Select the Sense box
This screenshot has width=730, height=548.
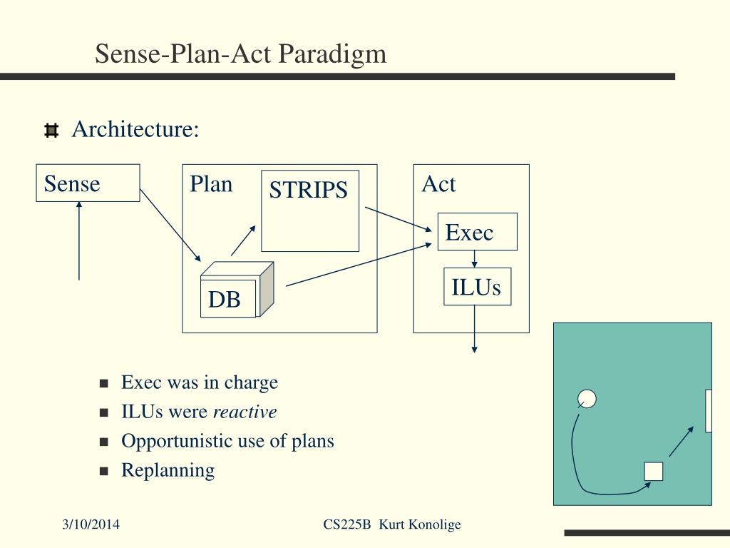[88, 183]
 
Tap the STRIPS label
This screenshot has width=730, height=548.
[308, 190]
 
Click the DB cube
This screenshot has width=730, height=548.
[237, 290]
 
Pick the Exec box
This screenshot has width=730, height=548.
[477, 232]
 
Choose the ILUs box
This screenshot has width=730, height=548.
[477, 287]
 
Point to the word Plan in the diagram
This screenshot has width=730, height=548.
[211, 185]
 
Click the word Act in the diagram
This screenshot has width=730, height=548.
[438, 184]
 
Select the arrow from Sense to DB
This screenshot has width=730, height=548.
[170, 225]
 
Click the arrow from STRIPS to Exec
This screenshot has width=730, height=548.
[399, 219]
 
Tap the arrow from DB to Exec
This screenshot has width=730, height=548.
[359, 264]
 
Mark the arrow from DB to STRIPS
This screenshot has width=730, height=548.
[244, 240]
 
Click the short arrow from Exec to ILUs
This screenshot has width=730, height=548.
[474, 259]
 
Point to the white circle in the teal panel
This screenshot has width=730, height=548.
[587, 399]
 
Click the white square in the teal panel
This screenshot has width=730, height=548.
[654, 472]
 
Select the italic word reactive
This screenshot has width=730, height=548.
[245, 412]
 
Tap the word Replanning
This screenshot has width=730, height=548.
[168, 471]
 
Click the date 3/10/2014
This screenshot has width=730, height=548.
[91, 524]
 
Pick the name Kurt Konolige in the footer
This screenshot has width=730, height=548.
[420, 524]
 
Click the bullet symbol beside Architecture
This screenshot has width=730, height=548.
[51, 131]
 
